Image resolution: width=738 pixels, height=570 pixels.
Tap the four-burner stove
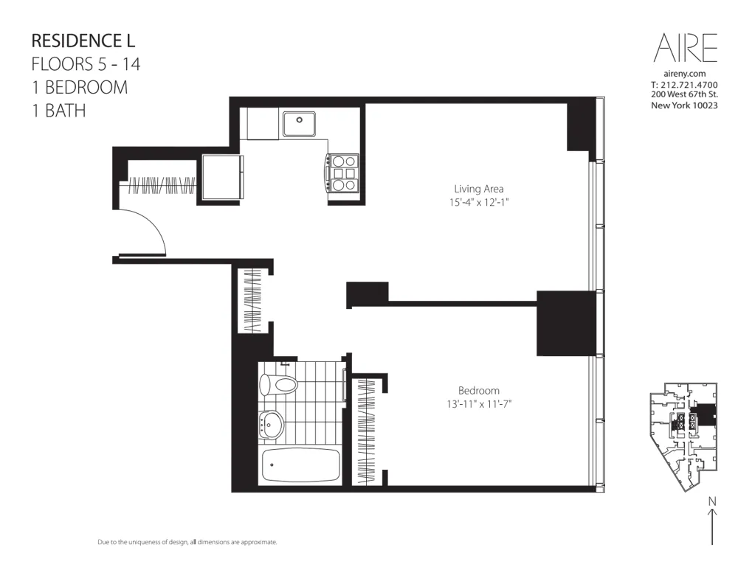(343, 173)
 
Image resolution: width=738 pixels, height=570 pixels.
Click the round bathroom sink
(272, 424)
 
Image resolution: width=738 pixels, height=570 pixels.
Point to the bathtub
(301, 465)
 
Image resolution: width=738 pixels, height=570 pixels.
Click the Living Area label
(479, 189)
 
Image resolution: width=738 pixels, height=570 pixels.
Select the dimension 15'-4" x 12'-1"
(479, 201)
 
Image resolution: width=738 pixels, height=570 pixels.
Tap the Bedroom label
(478, 391)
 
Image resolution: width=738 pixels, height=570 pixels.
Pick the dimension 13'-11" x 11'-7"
(478, 404)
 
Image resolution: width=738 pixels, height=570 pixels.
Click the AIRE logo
(686, 49)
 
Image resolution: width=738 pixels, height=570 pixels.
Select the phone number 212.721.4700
(690, 85)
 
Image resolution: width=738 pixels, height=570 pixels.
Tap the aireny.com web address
(686, 74)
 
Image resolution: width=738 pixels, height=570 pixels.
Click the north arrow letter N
(712, 502)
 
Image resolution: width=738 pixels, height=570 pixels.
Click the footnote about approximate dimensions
(187, 542)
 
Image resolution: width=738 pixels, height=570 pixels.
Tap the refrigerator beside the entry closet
(222, 177)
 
